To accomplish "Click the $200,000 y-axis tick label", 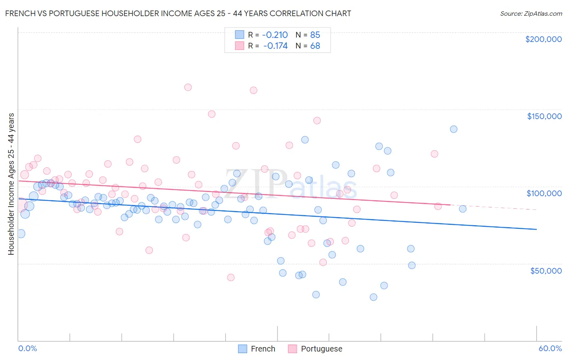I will [543, 39].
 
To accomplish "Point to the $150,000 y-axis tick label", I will [544, 116].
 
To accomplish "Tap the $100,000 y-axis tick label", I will [544, 193].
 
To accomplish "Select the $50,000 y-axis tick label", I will [546, 270].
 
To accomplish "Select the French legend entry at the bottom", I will [257, 349].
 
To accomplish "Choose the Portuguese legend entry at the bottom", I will [315, 349].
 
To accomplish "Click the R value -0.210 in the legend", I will [275, 35].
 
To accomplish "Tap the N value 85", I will [315, 35].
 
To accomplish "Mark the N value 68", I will [315, 46].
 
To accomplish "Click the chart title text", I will [178, 13].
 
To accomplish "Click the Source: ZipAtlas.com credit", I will [531, 13].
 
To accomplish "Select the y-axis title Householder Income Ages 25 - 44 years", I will [11, 184].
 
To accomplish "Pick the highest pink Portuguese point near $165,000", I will [188, 87].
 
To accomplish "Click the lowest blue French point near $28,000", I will [373, 297].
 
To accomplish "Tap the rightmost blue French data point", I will [463, 209].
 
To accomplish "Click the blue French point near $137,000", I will [454, 129].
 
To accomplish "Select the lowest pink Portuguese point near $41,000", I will [231, 277].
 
